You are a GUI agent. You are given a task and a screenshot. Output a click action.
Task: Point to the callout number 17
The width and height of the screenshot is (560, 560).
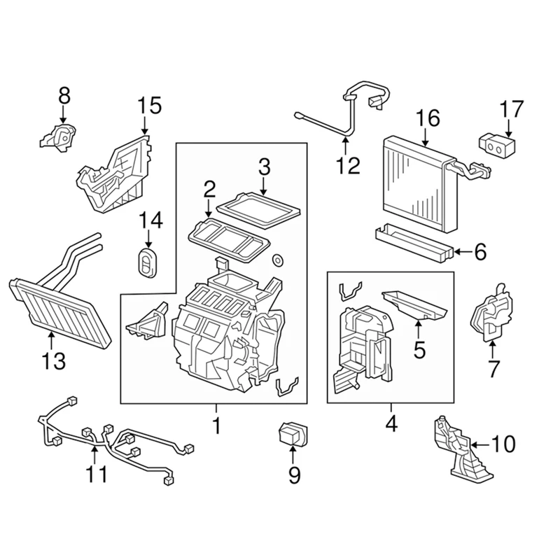[x=511, y=110]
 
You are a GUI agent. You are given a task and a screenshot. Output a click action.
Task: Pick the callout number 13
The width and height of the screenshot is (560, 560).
[x=53, y=361]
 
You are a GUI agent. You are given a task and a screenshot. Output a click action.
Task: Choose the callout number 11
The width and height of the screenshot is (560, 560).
[x=97, y=474]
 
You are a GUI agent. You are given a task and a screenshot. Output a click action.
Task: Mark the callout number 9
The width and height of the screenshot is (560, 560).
[x=294, y=475]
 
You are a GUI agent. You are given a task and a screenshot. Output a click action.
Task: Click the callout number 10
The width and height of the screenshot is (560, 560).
[x=503, y=444]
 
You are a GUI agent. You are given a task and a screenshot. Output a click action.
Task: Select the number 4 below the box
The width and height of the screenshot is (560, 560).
[x=390, y=423]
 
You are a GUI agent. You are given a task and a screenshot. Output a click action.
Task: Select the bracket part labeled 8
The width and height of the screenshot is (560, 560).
[x=59, y=135]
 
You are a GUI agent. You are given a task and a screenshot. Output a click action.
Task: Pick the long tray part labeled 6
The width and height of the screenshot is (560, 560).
[x=414, y=242]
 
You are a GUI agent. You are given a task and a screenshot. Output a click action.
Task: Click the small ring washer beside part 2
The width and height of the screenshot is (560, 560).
[x=277, y=261]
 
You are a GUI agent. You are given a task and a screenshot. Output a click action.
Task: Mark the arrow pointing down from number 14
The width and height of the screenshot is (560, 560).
[x=148, y=238]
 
